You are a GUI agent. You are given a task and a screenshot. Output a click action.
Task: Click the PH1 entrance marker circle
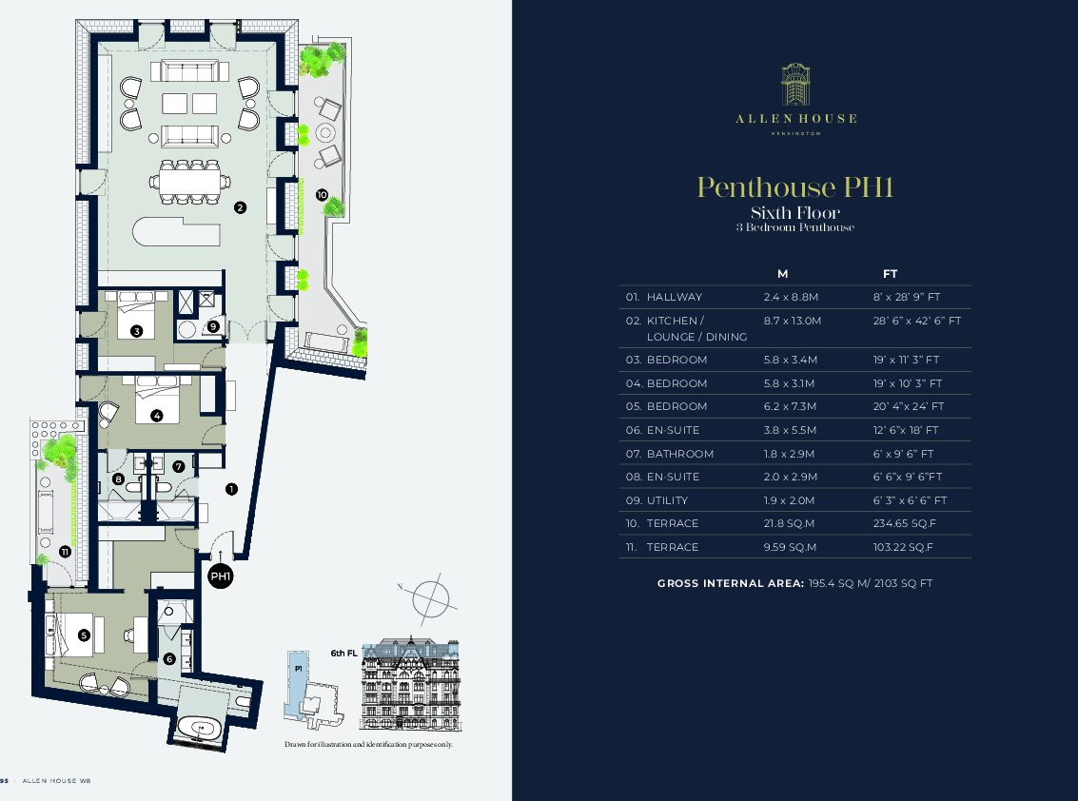(x=221, y=576)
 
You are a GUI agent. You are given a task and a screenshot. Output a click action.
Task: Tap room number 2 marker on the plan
(x=241, y=207)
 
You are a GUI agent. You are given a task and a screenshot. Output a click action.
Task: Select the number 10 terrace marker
(x=322, y=194)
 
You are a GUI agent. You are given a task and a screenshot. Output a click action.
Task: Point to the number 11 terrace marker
(x=65, y=552)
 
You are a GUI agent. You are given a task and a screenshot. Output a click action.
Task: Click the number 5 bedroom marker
(x=84, y=635)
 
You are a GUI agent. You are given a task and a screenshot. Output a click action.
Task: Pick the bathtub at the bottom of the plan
(x=201, y=730)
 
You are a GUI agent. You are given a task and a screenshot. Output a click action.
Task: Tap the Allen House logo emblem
(x=795, y=85)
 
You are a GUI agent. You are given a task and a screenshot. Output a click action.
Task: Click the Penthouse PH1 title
(x=795, y=186)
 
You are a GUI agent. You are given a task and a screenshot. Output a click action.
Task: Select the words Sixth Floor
(x=795, y=212)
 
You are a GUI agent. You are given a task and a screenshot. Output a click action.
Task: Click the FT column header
(x=891, y=274)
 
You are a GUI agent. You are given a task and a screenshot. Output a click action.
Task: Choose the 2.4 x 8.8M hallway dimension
(x=791, y=298)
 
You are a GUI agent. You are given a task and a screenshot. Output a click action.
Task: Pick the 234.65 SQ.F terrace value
(x=903, y=523)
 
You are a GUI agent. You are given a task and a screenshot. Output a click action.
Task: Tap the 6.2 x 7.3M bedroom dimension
(x=791, y=406)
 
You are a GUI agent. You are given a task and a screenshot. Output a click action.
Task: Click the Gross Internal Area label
(x=729, y=583)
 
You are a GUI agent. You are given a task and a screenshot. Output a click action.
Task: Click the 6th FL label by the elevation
(x=343, y=654)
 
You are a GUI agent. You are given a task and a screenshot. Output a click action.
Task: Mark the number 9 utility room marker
(x=213, y=326)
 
